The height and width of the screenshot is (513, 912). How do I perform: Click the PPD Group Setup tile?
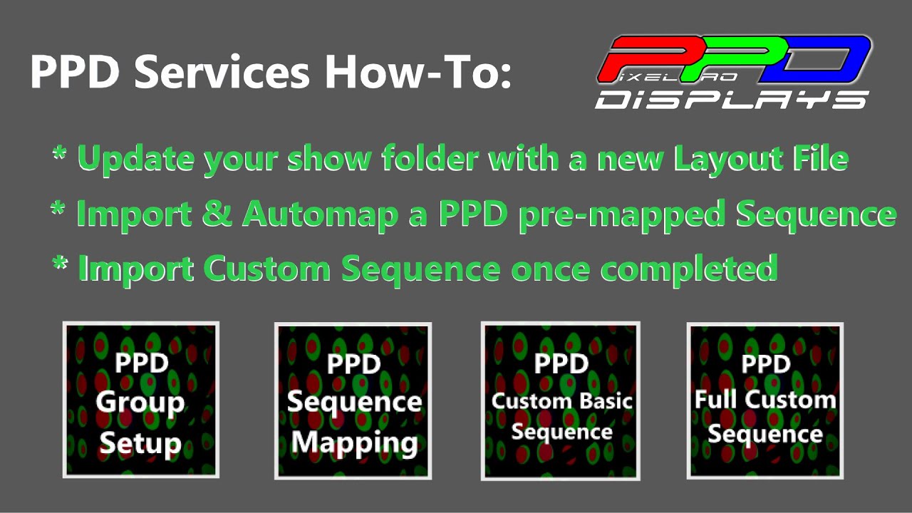pyautogui.click(x=141, y=400)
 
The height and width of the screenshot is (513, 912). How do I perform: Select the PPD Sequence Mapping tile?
pyautogui.click(x=353, y=401)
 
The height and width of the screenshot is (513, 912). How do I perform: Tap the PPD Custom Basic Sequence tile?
pyautogui.click(x=561, y=400)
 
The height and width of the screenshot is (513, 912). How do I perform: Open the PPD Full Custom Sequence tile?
pyautogui.click(x=765, y=401)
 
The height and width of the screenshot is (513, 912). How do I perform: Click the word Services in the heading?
pyautogui.click(x=222, y=72)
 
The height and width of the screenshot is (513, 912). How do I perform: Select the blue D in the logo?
pyautogui.click(x=819, y=57)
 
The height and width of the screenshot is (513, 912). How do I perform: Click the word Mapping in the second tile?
pyautogui.click(x=354, y=442)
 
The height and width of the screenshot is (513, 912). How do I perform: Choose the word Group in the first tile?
pyautogui.click(x=140, y=403)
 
